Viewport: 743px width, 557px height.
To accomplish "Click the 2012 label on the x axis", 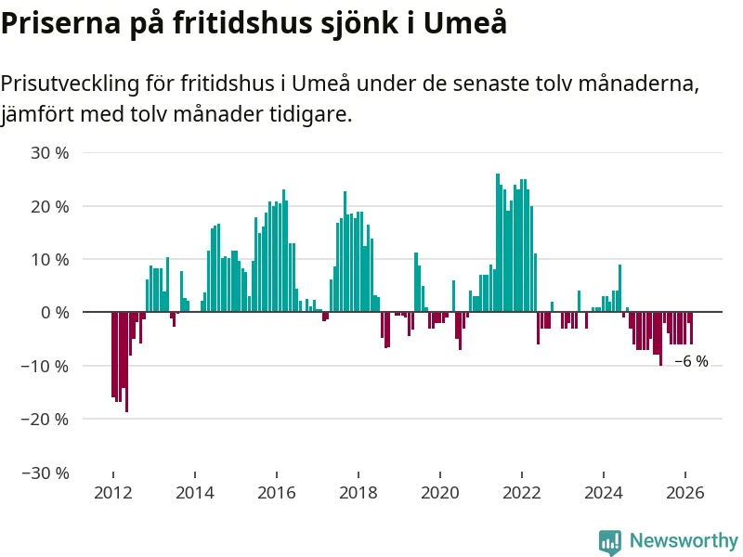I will click(112, 492).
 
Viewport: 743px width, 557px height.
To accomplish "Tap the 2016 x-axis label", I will click(276, 492).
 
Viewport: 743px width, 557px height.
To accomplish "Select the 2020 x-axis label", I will click(439, 492).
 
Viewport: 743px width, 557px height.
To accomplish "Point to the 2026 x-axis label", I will click(684, 492).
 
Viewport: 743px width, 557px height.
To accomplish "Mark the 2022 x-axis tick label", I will click(521, 492).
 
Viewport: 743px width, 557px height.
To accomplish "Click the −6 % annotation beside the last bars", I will click(691, 362).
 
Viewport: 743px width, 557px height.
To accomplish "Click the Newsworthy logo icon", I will click(610, 541).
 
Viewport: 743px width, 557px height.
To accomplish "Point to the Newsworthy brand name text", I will click(684, 540).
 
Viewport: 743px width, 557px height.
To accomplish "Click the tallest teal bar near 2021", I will click(498, 242).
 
